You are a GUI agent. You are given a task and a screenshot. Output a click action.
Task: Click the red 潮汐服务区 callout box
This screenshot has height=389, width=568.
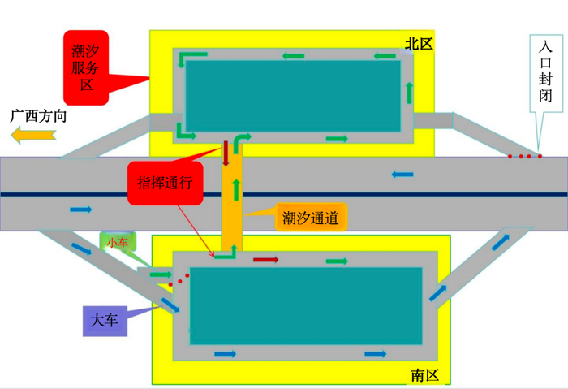coord(86,67)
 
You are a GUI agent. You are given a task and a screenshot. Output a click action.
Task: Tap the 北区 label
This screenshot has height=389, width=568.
coord(419,44)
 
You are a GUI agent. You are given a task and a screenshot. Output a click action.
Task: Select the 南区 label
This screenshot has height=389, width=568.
coord(424,375)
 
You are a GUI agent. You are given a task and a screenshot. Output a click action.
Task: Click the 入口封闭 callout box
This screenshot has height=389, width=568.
coord(546,73)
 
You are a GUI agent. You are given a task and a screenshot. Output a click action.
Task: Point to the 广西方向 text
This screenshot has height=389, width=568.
coord(38,116)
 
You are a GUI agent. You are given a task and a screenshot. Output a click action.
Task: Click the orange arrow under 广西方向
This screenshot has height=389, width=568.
coord(33,136)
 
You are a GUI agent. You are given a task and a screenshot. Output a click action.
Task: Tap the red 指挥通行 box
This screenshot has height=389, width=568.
coord(166,183)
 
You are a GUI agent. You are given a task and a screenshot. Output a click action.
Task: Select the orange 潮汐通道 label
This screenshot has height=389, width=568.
coord(311,218)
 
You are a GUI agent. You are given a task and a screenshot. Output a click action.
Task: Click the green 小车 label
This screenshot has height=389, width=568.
coord(118,242)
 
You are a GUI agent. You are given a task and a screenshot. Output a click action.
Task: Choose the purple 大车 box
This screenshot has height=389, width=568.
coord(105,322)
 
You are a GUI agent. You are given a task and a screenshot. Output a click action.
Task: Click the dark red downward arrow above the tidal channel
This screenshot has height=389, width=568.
coord(226,153)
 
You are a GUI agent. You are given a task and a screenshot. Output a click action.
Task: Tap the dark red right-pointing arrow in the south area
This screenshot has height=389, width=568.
coord(265,260)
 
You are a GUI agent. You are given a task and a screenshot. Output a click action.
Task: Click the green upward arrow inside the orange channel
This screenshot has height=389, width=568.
coord(237,189)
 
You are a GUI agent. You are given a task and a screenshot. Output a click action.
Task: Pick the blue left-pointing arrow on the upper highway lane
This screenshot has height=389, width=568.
coord(402,175)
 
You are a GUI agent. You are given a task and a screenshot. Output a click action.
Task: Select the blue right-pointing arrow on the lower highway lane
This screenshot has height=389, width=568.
coord(81,210)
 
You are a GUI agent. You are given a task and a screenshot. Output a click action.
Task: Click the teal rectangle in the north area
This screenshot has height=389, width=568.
coord(293,96)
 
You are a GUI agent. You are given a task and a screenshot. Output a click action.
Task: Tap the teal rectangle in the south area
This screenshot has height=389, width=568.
coord(306,306)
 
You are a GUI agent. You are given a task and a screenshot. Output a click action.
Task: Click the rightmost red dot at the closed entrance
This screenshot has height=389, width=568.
coord(540,156)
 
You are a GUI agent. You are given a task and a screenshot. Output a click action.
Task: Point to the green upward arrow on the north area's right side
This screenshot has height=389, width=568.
coord(409,93)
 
